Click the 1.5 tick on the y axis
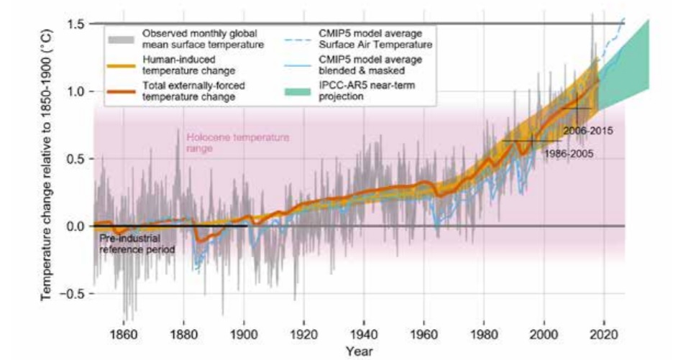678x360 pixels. [77, 24]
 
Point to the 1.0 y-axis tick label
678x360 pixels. [77, 92]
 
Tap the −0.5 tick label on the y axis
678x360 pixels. [74, 294]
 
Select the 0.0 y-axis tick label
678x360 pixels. [77, 226]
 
